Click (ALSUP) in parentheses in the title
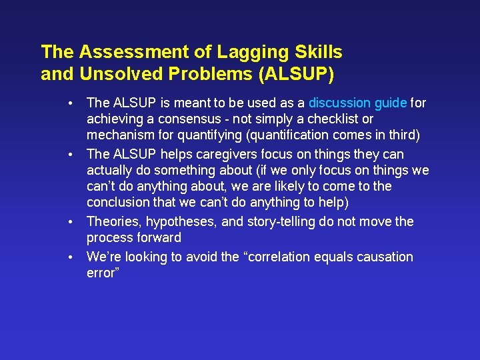(296, 74)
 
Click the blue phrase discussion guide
(357, 103)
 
